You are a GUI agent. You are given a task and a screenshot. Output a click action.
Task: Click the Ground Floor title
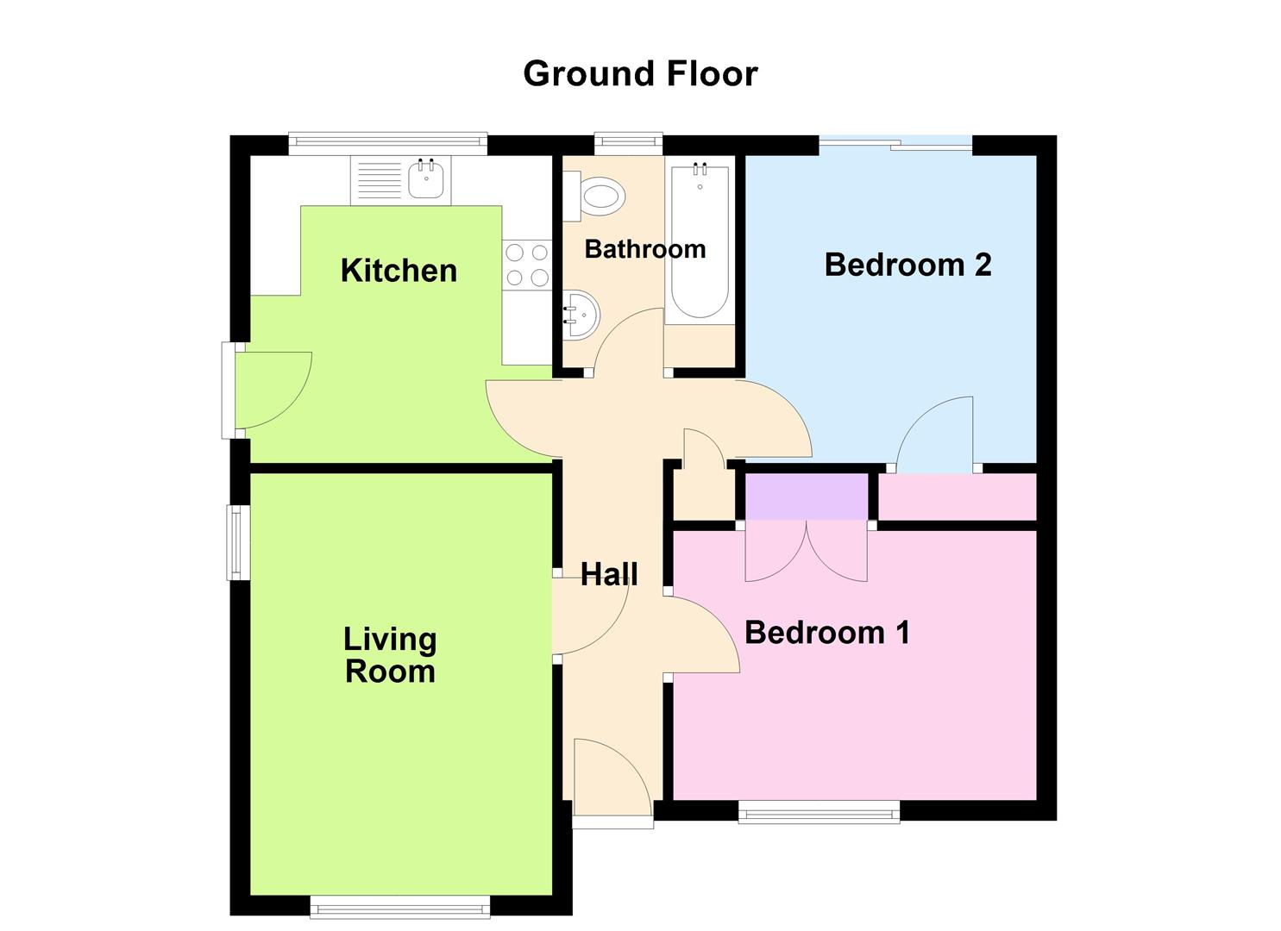pos(640,74)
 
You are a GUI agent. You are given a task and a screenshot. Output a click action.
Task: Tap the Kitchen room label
pos(399,271)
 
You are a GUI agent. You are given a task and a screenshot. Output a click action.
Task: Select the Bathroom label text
pos(645,249)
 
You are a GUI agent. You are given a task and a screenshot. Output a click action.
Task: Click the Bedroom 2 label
pos(907,265)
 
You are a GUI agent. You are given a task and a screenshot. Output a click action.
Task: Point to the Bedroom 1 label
pos(826,633)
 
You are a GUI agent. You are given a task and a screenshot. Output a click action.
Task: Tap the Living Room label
pos(390,655)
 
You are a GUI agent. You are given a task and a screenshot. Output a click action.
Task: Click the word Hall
pos(609,574)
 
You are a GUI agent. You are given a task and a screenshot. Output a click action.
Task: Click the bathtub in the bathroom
pos(700,241)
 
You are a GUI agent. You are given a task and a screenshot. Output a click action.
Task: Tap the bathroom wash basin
pos(581,316)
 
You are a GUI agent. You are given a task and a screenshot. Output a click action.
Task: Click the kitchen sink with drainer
pos(401,180)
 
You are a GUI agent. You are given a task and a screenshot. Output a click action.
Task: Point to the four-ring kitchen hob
pos(527,265)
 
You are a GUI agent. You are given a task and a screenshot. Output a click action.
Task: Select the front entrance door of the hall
pos(611,776)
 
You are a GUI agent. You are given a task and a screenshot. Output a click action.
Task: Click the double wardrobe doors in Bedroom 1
pos(807,552)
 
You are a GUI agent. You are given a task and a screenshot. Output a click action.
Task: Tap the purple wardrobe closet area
pos(807,497)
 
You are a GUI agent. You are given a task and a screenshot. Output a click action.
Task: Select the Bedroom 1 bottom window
pos(819,811)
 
